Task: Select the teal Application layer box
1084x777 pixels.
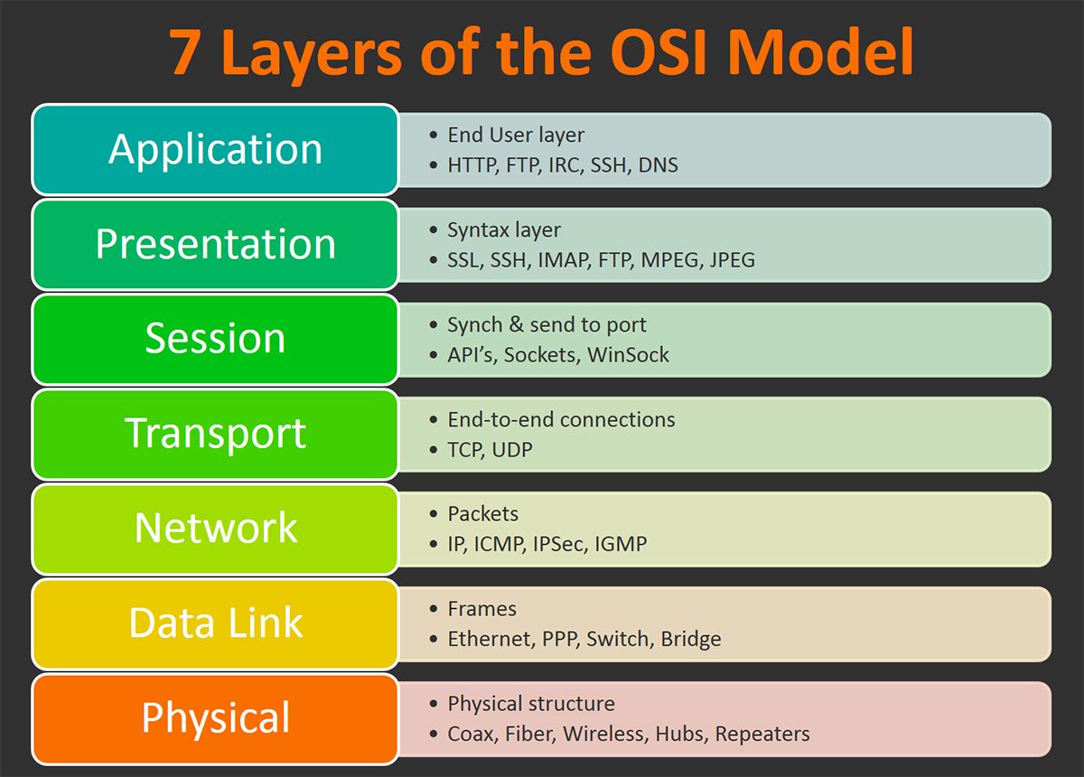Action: click(215, 149)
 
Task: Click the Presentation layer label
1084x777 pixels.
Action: click(215, 244)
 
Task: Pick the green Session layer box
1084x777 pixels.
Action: click(215, 339)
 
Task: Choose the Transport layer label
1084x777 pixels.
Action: click(215, 434)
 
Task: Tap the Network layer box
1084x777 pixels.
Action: click(215, 529)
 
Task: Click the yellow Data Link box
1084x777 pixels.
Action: click(215, 623)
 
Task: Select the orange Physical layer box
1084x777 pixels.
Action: click(215, 718)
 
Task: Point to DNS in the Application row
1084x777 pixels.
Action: click(658, 165)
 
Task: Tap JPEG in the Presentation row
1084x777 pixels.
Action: click(732, 260)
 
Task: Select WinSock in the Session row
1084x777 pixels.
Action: click(628, 355)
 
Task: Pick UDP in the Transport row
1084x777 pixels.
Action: click(512, 449)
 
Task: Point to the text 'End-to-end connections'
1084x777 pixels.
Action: click(561, 419)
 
